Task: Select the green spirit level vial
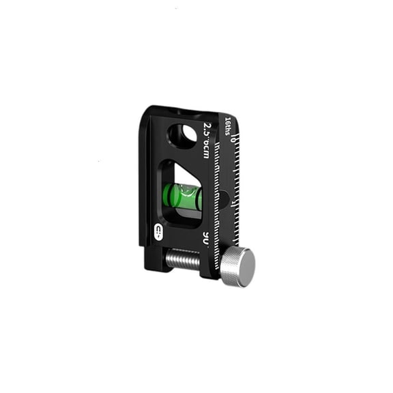[x=183, y=197]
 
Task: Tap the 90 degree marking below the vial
[x=205, y=238]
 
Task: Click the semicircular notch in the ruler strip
[x=225, y=199]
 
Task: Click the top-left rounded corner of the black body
[x=149, y=111]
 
